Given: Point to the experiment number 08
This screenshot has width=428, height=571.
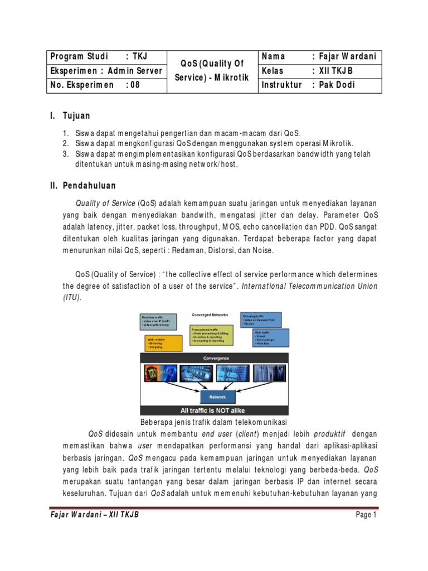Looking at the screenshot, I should tap(135, 85).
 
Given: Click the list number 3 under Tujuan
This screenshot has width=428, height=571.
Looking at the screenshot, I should tap(65, 154).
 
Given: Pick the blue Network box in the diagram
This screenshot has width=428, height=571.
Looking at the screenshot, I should tap(217, 397).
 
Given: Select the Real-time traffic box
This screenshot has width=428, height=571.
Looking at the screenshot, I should tap(158, 321).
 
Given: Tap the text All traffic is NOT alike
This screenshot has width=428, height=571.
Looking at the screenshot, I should tap(214, 410).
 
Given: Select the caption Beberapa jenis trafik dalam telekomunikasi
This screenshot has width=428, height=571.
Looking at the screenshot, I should tap(214, 422).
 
